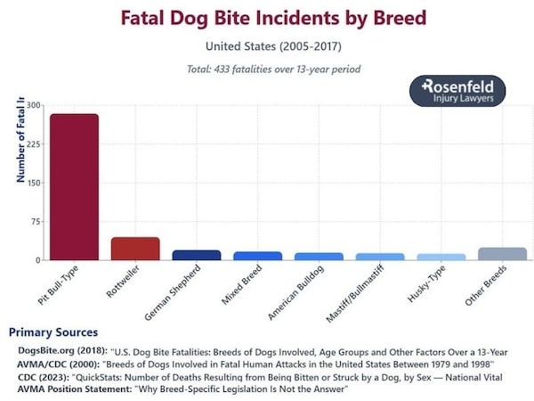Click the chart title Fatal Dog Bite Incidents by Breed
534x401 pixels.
click(x=273, y=18)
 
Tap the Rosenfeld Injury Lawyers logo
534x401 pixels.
click(x=457, y=91)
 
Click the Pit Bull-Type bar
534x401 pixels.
click(x=74, y=187)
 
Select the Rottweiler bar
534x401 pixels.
click(x=135, y=249)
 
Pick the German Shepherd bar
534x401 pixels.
click(x=197, y=255)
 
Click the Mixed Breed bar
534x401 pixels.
click(x=258, y=256)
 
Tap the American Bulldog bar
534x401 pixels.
click(x=319, y=257)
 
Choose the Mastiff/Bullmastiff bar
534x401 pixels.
click(x=380, y=257)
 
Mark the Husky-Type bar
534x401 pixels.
click(x=441, y=257)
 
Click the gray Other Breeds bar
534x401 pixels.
click(x=503, y=254)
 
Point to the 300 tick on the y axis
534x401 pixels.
click(x=34, y=106)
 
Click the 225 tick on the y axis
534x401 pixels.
click(x=34, y=144)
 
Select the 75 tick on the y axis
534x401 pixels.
click(x=35, y=222)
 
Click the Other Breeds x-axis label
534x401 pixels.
click(x=489, y=286)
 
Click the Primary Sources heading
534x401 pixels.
click(x=53, y=332)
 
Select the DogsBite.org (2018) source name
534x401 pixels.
click(x=61, y=351)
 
